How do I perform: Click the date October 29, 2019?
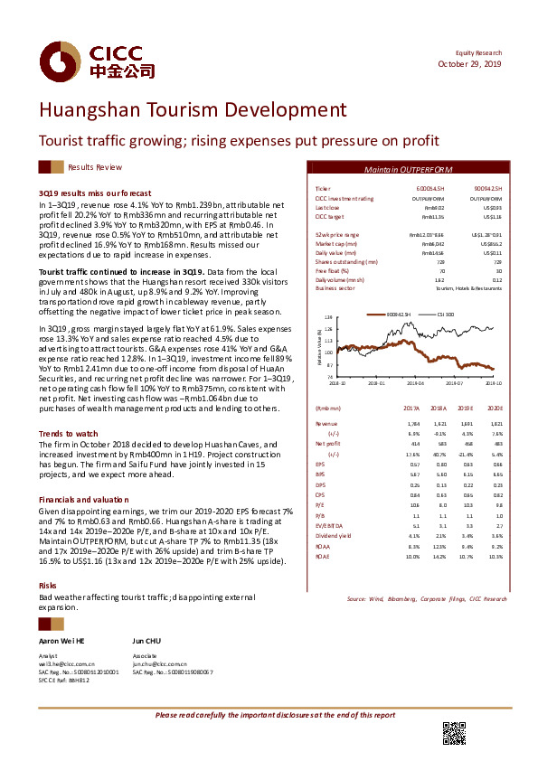coord(469,65)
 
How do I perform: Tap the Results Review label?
coord(95,167)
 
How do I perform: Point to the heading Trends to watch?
coord(68,434)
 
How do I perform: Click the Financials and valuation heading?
coord(83,500)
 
